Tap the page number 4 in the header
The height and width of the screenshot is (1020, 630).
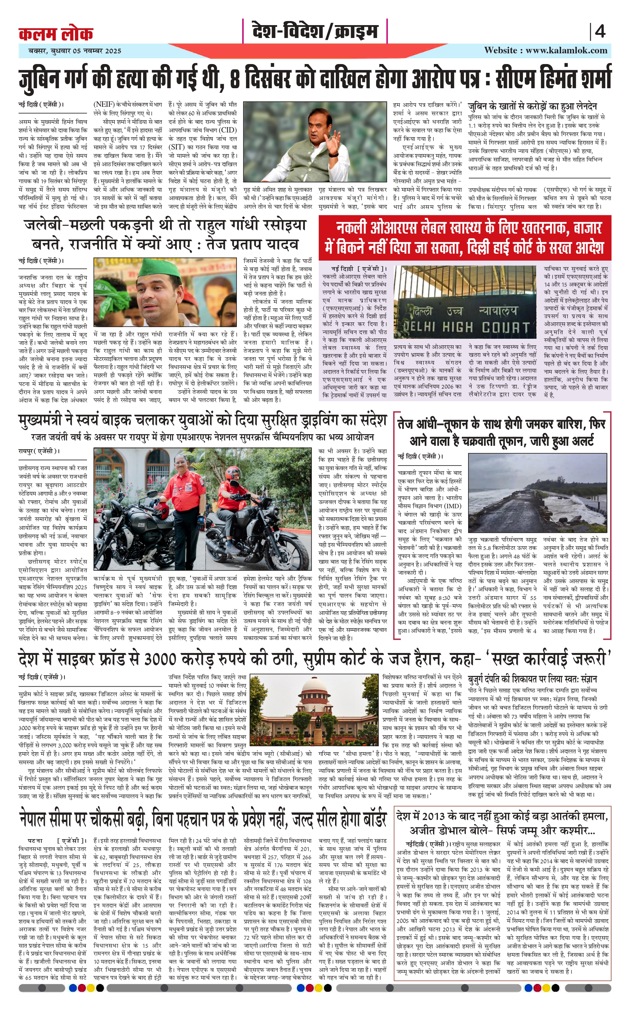point(600,32)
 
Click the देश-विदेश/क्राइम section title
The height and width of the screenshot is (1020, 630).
point(315,31)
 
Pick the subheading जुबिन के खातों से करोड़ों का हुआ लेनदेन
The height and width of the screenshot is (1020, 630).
point(532,106)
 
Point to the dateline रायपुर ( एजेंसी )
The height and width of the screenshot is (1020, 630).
point(39,451)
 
